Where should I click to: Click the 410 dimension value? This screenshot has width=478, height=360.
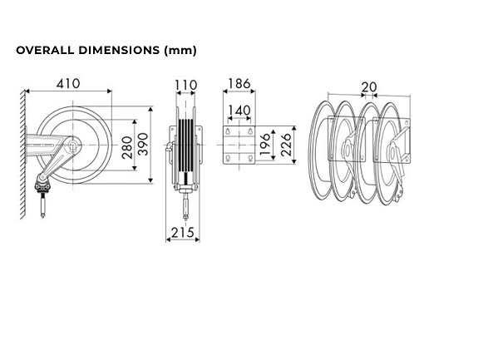coord(68,83)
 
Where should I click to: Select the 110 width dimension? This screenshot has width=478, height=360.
coord(185,85)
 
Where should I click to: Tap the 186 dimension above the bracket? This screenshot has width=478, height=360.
coord(239,83)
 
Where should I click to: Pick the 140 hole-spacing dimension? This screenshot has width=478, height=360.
coord(239,111)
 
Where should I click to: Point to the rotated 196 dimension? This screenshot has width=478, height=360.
coord(265,144)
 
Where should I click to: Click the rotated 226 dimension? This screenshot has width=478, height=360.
coord(286,145)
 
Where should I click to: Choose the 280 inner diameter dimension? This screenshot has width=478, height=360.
coord(127,148)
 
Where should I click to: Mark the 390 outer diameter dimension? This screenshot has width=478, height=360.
coord(143,144)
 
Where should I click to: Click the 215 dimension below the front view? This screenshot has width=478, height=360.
coord(183,233)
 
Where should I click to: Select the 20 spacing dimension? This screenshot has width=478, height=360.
coord(369,87)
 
